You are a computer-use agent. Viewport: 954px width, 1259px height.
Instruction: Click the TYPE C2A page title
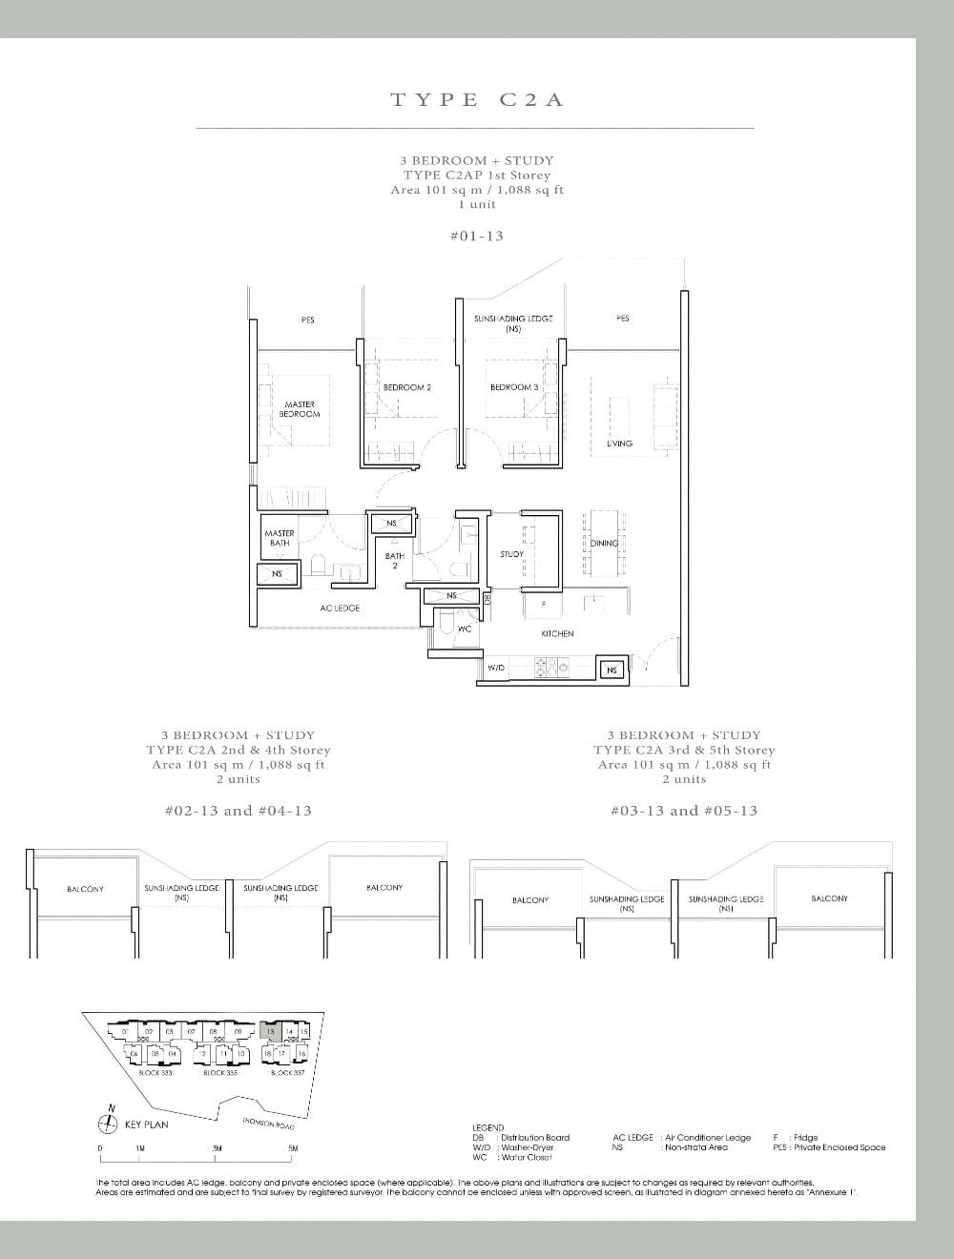[477, 99]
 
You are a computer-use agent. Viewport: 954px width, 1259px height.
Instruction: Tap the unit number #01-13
[476, 235]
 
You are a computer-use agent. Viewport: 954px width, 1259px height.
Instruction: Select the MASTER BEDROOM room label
[300, 409]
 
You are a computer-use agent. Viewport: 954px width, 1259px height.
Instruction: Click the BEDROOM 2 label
[407, 387]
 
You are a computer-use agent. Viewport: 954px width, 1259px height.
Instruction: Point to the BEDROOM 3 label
[513, 387]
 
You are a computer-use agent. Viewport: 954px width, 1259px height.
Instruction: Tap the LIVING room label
[619, 444]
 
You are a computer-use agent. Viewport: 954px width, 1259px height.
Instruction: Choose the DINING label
[604, 543]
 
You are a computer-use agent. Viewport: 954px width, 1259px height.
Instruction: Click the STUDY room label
[511, 554]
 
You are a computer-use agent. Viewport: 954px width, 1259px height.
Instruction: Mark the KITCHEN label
[557, 633]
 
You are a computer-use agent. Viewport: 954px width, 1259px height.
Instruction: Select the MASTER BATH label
[280, 538]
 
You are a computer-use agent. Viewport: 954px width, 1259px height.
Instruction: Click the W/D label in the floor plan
[496, 669]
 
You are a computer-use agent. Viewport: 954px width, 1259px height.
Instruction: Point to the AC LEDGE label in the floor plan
[340, 608]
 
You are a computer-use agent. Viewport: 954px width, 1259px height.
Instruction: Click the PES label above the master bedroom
[308, 320]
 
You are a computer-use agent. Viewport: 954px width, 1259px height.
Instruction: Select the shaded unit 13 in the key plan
[270, 1031]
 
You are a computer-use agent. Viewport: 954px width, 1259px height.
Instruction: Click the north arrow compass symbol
[112, 1124]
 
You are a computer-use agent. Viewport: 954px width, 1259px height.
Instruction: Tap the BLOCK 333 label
[156, 1073]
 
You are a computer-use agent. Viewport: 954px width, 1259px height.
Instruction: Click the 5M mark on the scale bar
[293, 1148]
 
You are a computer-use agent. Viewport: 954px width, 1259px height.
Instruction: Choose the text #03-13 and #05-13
[684, 811]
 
